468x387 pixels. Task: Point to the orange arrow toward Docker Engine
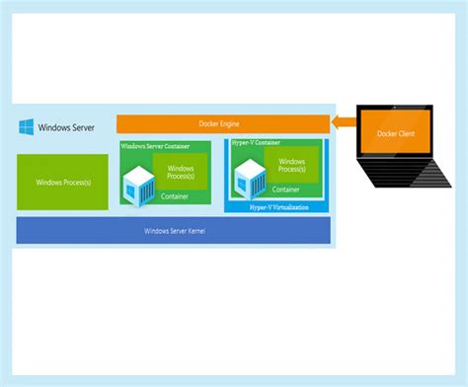347,122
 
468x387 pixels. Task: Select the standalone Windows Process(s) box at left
64,182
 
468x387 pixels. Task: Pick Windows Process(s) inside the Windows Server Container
182,174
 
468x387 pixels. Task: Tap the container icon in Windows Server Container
139,184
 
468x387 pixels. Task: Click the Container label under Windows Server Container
174,196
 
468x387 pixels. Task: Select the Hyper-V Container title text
257,143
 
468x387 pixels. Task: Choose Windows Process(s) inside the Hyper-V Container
291,168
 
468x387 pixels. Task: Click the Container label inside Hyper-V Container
286,190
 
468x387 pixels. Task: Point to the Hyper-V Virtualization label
275,207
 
